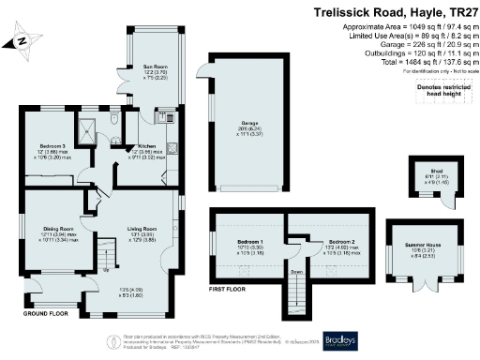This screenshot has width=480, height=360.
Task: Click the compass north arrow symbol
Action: (x=20, y=40)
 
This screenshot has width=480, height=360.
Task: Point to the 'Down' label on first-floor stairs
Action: (x=295, y=274)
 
